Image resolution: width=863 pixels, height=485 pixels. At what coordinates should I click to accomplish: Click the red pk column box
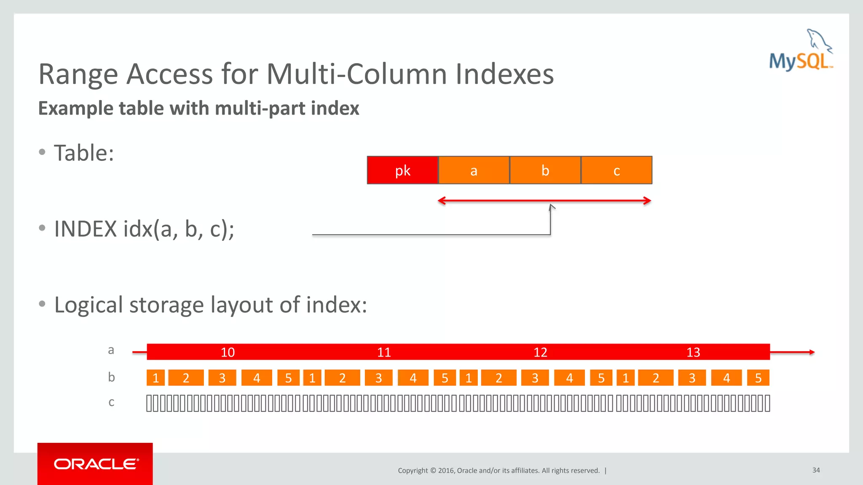402,170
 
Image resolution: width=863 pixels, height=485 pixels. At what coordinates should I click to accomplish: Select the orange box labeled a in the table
474,170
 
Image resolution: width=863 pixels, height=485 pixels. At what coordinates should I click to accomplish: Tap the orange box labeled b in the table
545,170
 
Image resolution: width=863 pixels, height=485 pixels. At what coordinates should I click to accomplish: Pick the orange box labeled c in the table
616,170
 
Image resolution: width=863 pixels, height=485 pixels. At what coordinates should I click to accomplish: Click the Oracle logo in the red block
96,464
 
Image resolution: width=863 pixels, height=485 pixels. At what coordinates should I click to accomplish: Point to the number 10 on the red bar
228,352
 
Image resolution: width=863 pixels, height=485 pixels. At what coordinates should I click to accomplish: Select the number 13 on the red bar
693,352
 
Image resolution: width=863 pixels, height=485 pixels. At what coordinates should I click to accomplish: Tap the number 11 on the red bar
384,352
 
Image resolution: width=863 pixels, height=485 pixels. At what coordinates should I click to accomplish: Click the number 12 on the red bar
540,352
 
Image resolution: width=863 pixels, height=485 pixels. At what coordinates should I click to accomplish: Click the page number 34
816,470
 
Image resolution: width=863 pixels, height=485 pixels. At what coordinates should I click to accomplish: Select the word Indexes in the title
504,74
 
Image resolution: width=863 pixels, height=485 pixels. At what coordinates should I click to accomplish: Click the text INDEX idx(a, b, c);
144,229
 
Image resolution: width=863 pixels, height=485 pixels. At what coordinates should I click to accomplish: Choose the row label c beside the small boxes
111,402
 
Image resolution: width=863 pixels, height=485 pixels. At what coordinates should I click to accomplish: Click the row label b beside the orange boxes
111,377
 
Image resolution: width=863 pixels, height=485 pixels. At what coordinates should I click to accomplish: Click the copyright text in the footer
499,470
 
